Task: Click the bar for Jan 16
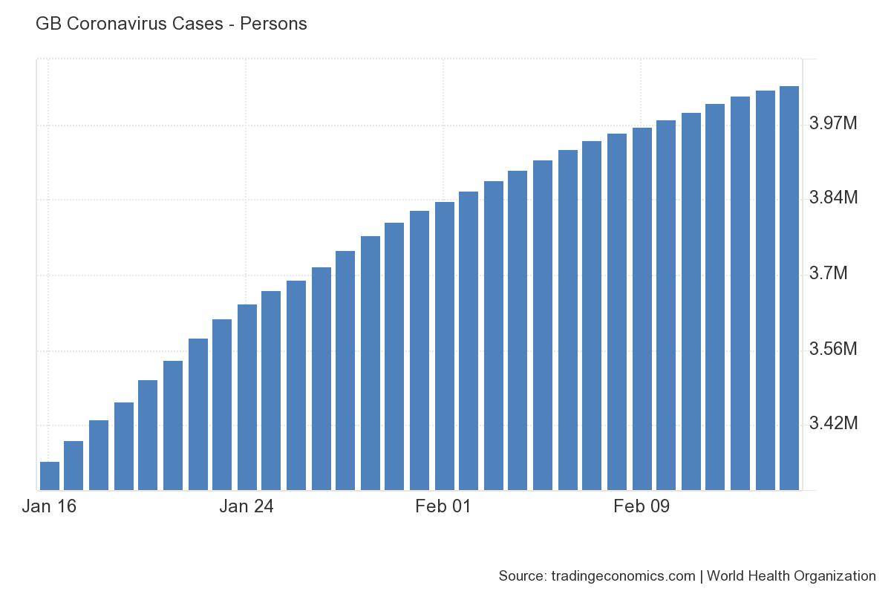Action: click(x=49, y=475)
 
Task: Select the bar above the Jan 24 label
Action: click(x=247, y=397)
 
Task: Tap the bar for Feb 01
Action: click(x=444, y=346)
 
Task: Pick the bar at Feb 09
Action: click(x=642, y=309)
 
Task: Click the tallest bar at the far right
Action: click(x=789, y=288)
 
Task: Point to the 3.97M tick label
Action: click(x=833, y=123)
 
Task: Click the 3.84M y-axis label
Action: click(x=833, y=198)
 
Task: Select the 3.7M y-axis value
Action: click(x=828, y=274)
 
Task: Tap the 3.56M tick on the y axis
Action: click(x=833, y=349)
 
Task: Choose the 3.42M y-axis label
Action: click(x=833, y=424)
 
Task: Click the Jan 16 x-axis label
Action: click(x=49, y=507)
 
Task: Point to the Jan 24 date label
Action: click(x=247, y=507)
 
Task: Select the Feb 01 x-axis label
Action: click(x=443, y=507)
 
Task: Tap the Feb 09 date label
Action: click(x=642, y=507)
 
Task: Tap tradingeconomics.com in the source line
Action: click(x=624, y=575)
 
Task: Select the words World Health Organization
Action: click(x=792, y=575)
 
